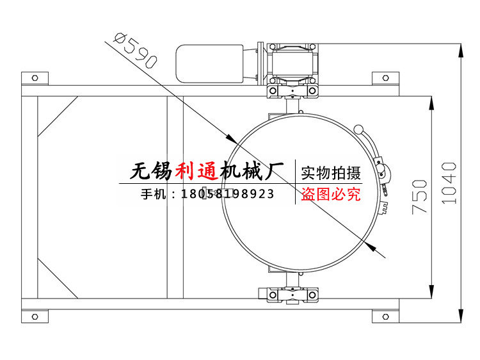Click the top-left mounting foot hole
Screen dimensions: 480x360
[35, 78]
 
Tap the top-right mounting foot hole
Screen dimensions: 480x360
[385, 78]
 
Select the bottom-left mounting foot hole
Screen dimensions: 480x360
[35, 315]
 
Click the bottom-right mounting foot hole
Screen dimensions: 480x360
[385, 315]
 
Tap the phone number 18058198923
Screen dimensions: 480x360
[228, 193]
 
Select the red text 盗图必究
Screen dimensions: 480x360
[331, 193]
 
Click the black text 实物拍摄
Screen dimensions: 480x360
[331, 173]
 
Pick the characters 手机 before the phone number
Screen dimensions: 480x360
[153, 193]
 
